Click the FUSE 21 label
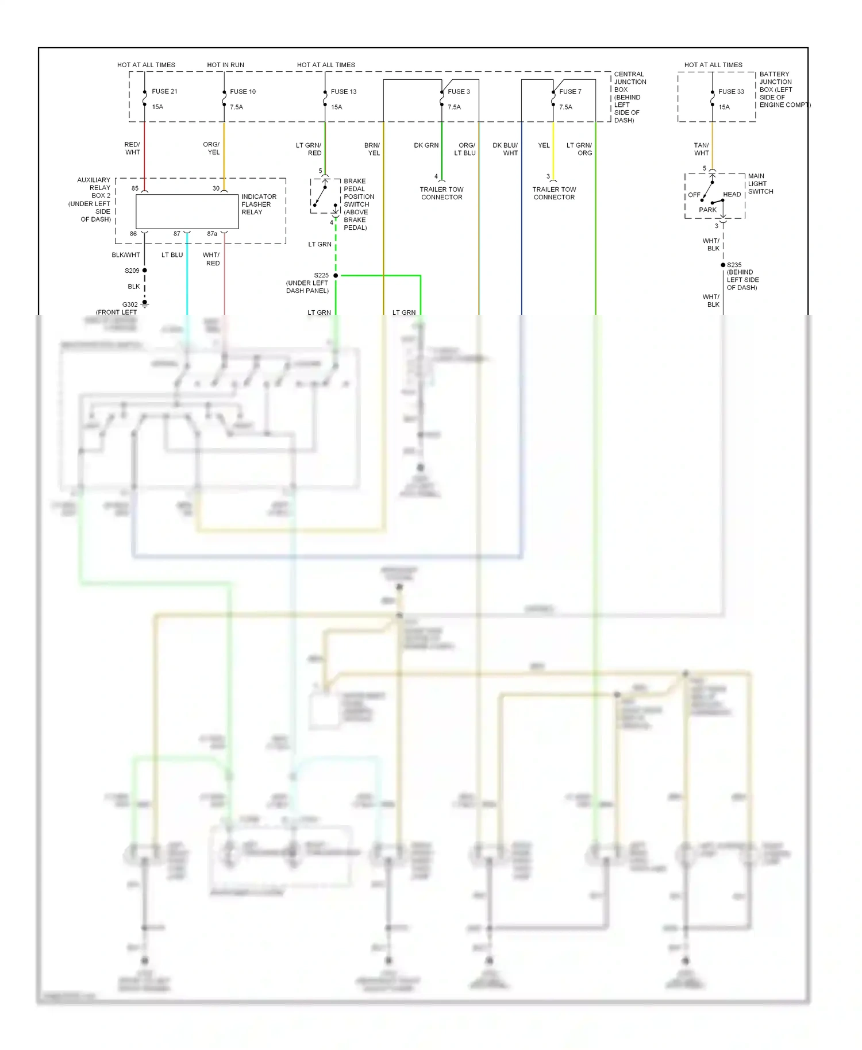coord(164,91)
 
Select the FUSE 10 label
coord(243,91)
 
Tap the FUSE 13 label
coord(344,91)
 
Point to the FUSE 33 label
coord(731,91)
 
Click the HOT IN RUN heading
coord(225,65)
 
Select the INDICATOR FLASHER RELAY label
coord(259,204)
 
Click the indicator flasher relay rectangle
coord(187,211)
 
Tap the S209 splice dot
coord(145,270)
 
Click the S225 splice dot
coord(336,276)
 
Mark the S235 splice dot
coord(723,265)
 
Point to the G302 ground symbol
coord(145,303)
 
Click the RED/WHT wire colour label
coord(132,148)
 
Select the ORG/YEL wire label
coord(211,148)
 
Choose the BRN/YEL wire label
coord(372,149)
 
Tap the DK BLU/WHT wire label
coord(505,149)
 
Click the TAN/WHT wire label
coord(701,149)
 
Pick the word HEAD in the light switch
coord(732,194)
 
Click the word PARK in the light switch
coord(707,210)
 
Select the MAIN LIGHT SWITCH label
coord(760,184)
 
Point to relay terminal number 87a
coord(212,234)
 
